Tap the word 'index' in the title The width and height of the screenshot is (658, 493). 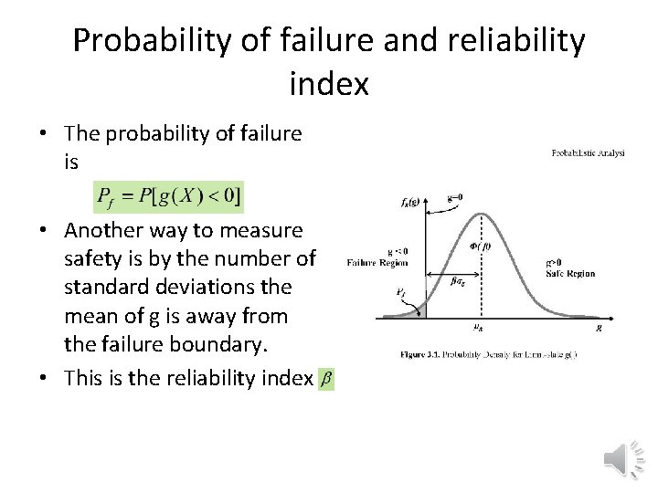tap(329, 85)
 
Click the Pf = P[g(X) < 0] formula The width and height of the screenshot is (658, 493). tap(169, 195)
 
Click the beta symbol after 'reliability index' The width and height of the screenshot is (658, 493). tap(326, 378)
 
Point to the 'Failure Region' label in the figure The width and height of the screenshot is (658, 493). tap(377, 263)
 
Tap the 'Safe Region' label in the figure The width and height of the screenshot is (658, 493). tap(570, 273)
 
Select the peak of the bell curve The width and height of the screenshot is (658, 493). tap(483, 215)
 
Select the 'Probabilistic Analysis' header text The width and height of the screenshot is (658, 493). tap(588, 153)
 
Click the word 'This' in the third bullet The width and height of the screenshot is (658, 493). tap(83, 377)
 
